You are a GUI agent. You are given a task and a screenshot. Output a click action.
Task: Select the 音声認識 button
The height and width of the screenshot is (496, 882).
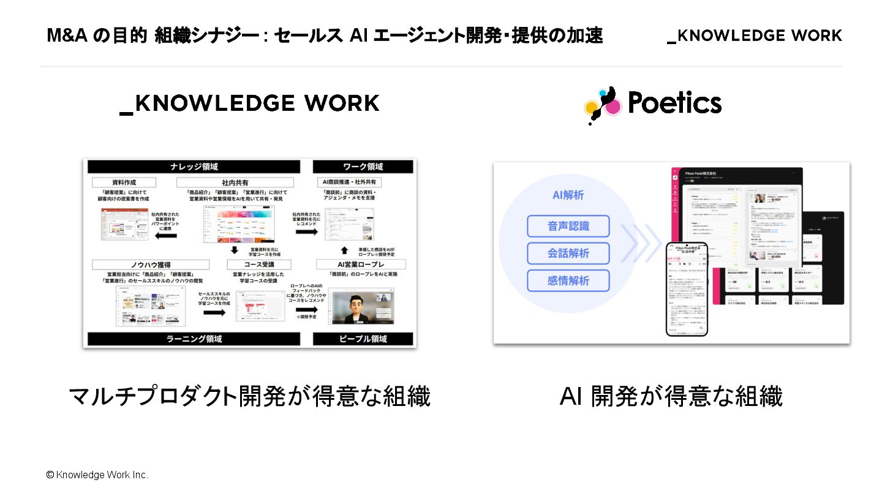568,226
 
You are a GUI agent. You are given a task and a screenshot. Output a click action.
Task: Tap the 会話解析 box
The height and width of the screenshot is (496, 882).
568,254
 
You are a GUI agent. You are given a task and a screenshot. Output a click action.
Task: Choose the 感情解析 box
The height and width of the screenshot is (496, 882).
568,280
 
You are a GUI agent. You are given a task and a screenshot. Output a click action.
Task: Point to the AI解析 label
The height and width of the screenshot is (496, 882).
568,195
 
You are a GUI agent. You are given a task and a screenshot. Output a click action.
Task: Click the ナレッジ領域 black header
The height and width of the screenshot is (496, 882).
194,167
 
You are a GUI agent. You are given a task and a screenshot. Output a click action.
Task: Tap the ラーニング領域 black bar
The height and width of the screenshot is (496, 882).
194,339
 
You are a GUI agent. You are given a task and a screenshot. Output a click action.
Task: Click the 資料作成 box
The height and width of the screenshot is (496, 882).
124,182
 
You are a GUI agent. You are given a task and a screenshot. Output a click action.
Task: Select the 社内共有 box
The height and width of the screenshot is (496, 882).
235,182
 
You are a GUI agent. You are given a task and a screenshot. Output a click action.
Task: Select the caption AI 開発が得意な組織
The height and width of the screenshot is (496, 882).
671,397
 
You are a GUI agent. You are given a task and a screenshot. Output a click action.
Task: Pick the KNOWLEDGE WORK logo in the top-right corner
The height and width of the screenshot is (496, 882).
754,36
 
